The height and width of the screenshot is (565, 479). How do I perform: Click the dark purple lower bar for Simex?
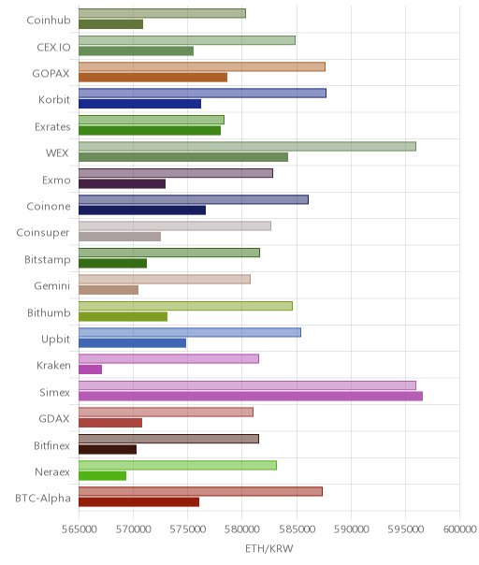(251, 396)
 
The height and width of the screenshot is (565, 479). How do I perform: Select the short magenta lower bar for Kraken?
(90, 369)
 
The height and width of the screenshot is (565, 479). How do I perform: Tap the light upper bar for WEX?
(247, 146)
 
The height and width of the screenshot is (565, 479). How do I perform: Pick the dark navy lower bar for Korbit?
(139, 104)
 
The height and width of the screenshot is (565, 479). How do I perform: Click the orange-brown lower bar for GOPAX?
(152, 78)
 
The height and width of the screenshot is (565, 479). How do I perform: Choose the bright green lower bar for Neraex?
(102, 475)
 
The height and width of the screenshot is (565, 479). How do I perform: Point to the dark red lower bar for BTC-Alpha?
(138, 502)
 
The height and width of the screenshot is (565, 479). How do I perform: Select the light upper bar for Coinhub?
(162, 13)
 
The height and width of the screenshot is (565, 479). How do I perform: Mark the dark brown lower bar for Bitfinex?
(108, 449)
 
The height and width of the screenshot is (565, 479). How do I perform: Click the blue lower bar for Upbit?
(132, 343)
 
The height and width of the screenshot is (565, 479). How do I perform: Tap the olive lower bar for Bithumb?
(123, 317)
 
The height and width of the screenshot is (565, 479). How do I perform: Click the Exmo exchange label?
(56, 180)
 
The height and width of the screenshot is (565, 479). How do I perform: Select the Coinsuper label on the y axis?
(43, 233)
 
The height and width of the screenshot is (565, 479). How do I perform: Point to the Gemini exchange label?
(51, 285)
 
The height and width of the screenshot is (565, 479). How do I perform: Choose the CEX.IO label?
(53, 47)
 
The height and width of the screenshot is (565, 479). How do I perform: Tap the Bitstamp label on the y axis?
(48, 259)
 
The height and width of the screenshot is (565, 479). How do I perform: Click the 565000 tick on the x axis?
(79, 529)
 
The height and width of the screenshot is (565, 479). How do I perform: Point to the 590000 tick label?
(351, 529)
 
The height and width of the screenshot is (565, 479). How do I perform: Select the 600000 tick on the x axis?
(460, 529)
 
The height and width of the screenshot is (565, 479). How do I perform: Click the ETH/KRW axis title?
(269, 548)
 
